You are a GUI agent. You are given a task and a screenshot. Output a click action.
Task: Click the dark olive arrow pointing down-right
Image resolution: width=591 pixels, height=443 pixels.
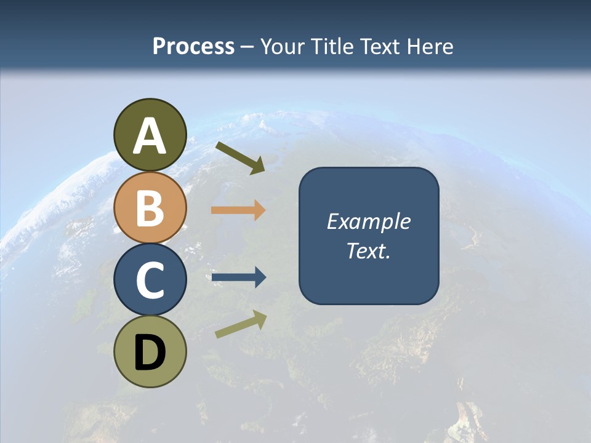click(x=240, y=158)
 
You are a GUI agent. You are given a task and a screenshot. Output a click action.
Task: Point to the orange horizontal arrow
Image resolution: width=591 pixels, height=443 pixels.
click(x=238, y=210)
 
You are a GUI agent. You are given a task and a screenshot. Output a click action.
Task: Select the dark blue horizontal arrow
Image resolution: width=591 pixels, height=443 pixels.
click(x=239, y=277)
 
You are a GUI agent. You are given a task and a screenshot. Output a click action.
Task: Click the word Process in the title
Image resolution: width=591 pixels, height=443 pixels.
click(x=193, y=46)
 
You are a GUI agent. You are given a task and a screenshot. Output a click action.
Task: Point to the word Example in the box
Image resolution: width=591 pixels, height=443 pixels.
click(x=369, y=221)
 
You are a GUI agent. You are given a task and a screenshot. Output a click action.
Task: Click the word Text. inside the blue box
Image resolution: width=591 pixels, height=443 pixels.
click(x=369, y=250)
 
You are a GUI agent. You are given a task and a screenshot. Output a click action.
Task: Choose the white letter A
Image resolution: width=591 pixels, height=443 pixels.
click(x=150, y=137)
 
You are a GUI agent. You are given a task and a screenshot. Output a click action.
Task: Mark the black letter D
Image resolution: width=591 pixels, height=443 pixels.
click(x=150, y=353)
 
